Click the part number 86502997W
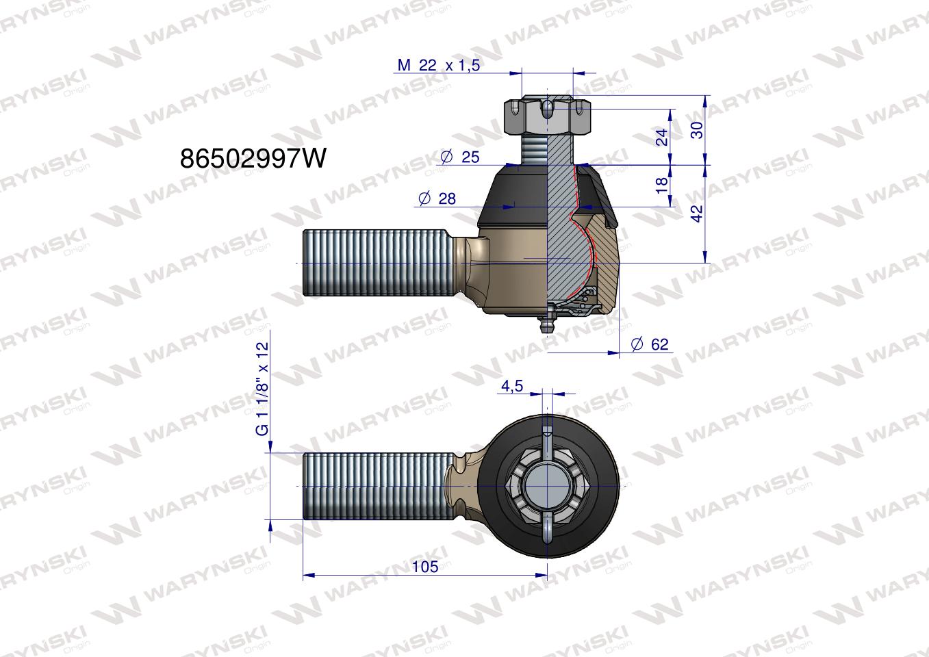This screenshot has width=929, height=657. point(253,158)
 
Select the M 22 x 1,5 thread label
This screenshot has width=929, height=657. point(438,65)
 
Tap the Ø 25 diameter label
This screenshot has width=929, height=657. point(459,157)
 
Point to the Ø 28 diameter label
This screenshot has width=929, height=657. point(437,198)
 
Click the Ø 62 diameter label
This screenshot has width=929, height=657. point(650,344)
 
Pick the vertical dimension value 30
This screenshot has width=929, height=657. point(698,130)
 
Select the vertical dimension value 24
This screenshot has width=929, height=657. point(662,137)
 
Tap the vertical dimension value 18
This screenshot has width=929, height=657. point(662,185)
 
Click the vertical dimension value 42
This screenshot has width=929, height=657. point(698,214)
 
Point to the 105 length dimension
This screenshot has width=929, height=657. point(425,567)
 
